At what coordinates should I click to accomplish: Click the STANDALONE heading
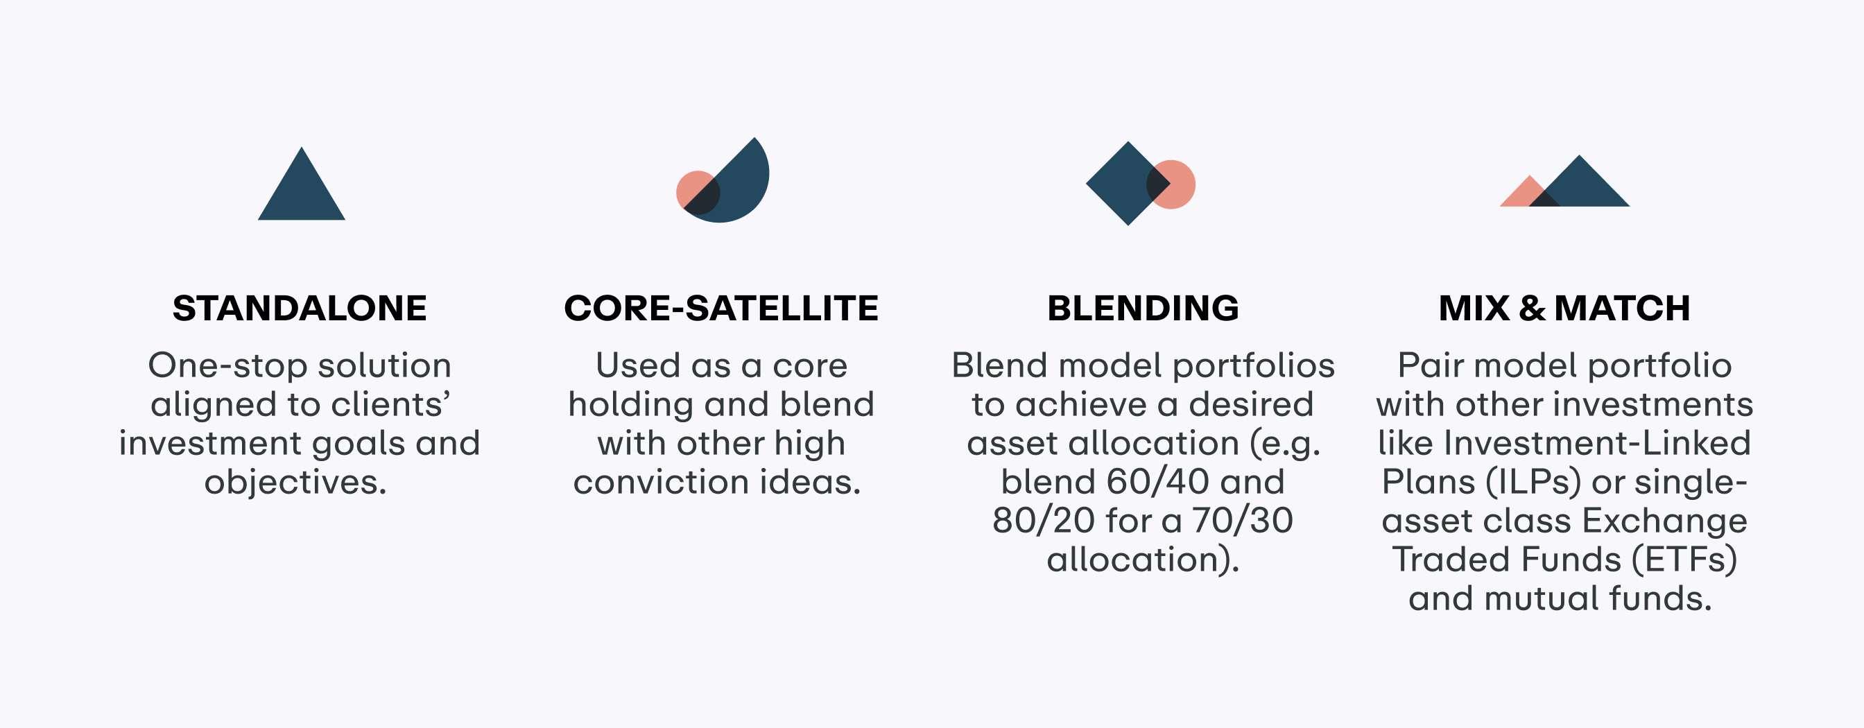coord(300,309)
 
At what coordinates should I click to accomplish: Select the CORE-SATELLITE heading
coord(721,309)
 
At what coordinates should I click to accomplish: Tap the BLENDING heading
coord(1144,309)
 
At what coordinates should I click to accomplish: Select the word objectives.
coord(295,483)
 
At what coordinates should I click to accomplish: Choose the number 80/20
coord(1044,521)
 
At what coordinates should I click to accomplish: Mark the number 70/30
coord(1243,521)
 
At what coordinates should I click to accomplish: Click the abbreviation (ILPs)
coord(1533,483)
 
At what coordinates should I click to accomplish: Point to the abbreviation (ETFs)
coord(1684,560)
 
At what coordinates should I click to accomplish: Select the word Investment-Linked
coord(1597,443)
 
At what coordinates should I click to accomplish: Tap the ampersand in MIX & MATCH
coord(1532,309)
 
